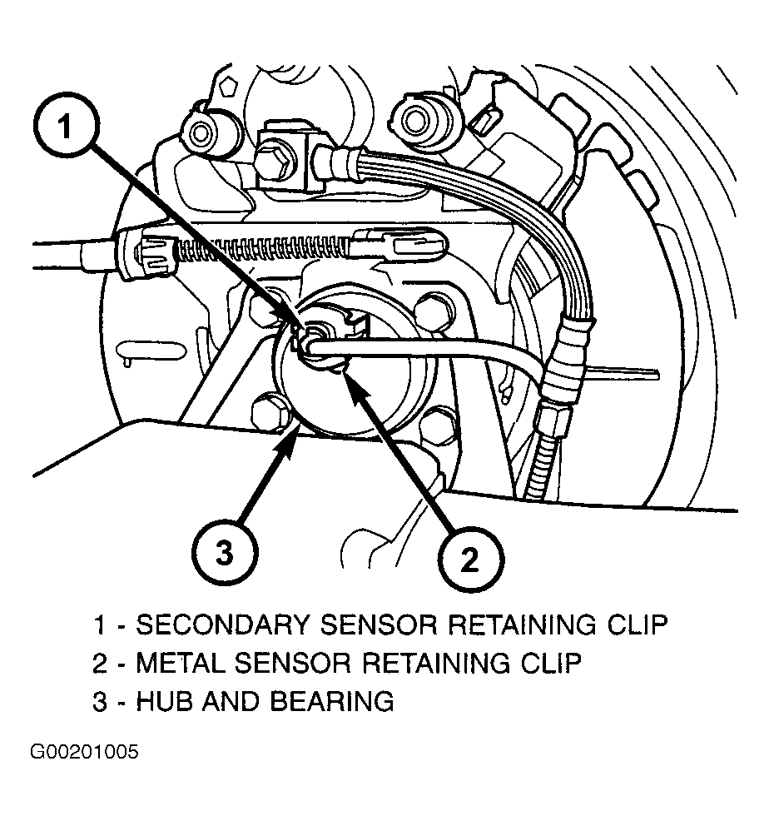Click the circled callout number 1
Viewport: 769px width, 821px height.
pos(65,125)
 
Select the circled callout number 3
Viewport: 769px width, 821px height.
pos(225,552)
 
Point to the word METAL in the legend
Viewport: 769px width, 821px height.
pos(181,663)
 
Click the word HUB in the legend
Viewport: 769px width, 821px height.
pos(165,702)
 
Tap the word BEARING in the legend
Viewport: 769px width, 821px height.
pos(332,702)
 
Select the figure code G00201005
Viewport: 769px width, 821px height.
pos(84,752)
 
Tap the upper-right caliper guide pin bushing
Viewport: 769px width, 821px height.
pos(414,119)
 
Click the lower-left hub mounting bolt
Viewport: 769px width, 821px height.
pos(270,413)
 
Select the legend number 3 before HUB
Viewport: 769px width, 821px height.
pos(100,702)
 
